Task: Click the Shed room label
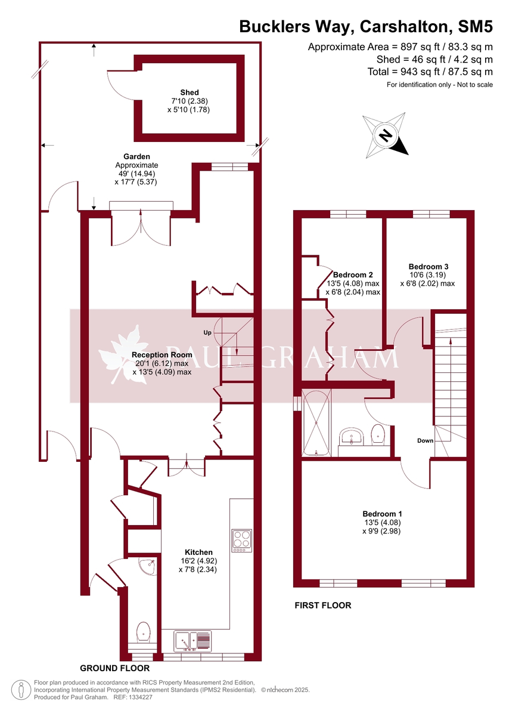(x=190, y=92)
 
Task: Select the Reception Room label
(x=162, y=354)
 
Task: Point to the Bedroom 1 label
(x=382, y=514)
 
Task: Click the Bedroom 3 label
(x=429, y=266)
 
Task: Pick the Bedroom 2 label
(x=353, y=274)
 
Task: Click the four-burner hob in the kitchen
(x=241, y=541)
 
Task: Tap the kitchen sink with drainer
(x=193, y=641)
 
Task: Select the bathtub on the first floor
(x=316, y=422)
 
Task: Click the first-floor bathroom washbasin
(x=351, y=436)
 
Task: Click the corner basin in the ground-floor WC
(x=147, y=566)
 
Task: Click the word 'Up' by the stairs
(x=207, y=333)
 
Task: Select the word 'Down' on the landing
(x=425, y=440)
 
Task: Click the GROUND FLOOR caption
(x=114, y=668)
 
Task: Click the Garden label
(x=136, y=156)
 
